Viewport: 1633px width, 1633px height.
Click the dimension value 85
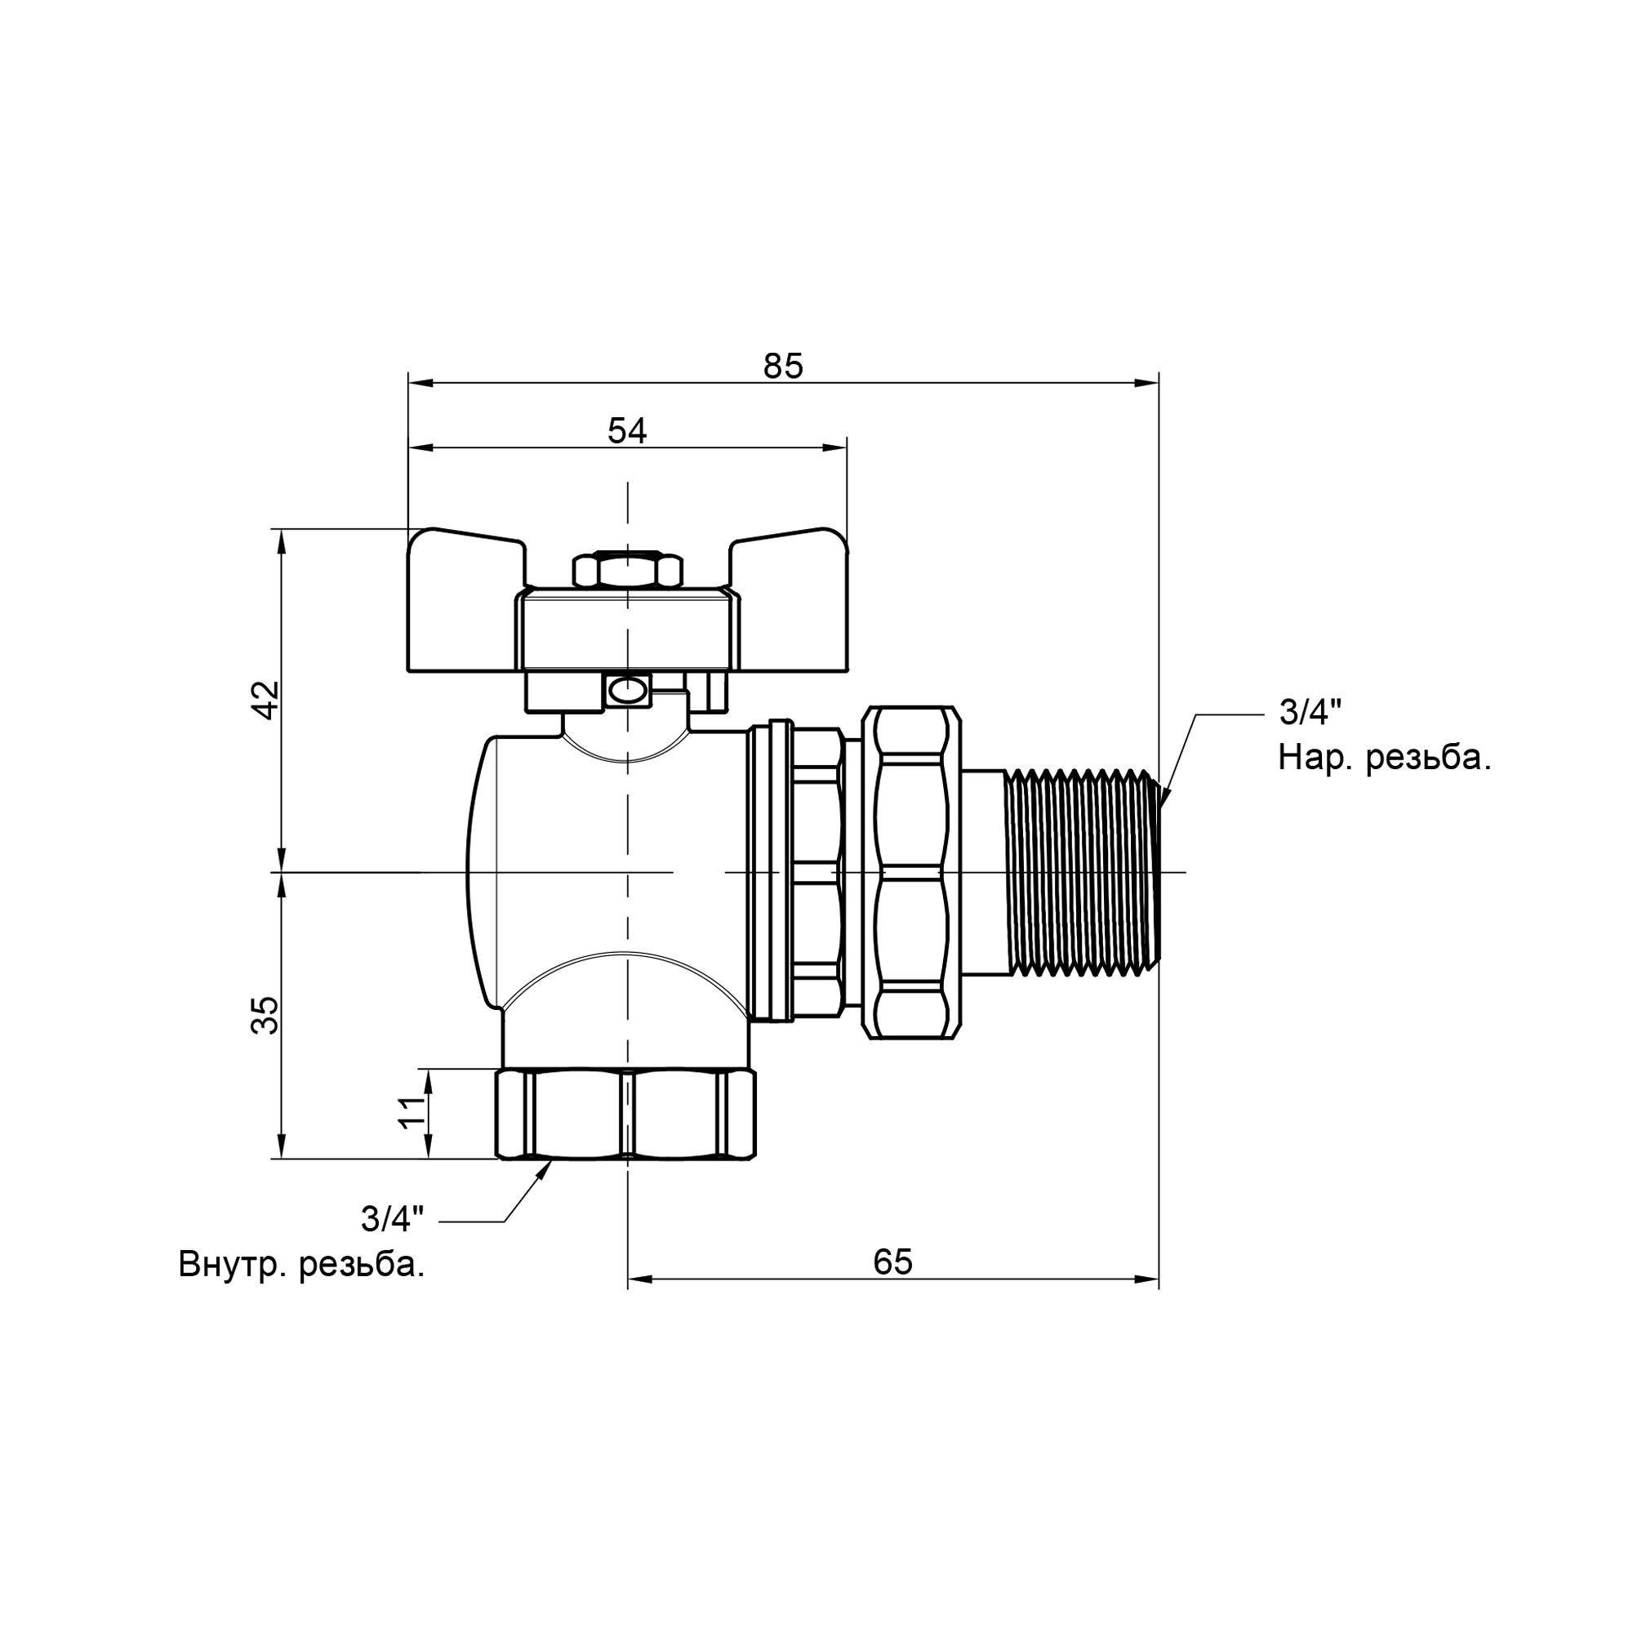tap(783, 366)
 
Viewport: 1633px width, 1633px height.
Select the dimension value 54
tap(626, 431)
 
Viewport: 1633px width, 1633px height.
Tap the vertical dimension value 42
tap(266, 699)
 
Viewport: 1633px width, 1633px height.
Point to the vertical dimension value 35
tap(265, 1015)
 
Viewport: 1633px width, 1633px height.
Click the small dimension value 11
tap(412, 1112)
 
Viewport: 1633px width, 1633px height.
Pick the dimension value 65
tap(892, 1262)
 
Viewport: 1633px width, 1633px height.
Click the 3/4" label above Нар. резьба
tap(1310, 713)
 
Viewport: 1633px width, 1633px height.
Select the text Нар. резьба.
tap(1385, 759)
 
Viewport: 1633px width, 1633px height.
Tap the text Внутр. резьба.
tap(301, 1266)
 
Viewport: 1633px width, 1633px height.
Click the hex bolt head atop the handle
tap(627, 571)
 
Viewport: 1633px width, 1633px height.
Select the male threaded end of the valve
tap(1083, 871)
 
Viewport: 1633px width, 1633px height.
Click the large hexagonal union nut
tap(912, 871)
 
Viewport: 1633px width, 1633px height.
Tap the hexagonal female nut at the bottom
tap(625, 1114)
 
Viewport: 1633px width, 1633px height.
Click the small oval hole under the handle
tap(626, 692)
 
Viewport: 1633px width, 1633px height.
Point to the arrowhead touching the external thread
tap(1166, 794)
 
